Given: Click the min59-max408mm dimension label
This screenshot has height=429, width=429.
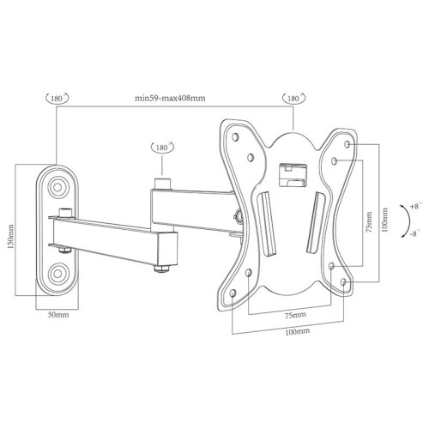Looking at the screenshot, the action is pos(170,98).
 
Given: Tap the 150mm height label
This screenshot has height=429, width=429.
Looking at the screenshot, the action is pos(11,236).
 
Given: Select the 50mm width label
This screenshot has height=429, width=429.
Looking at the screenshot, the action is pos(58,315).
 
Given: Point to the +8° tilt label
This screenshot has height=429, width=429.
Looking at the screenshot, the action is pos(415,206).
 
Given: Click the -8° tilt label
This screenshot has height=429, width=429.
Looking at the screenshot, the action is pos(415,233).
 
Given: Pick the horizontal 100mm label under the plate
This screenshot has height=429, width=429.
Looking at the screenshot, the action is pos(298,332).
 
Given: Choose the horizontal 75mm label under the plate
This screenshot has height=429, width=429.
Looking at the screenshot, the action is pos(295,315).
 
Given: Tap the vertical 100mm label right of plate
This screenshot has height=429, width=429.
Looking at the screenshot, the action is pos(385,220).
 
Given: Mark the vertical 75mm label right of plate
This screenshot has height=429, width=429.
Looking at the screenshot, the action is pos(369,221).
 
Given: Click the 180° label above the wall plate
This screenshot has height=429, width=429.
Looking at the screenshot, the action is pos(57,98).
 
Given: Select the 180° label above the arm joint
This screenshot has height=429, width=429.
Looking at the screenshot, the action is pos(162,148).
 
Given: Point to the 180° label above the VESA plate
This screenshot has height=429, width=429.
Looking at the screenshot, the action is pos(293,98).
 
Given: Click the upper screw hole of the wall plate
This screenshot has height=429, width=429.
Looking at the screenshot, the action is pos(57,187).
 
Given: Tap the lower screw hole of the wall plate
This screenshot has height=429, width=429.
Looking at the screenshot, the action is pos(57,273).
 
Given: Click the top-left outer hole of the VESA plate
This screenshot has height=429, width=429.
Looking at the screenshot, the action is pos(235,137).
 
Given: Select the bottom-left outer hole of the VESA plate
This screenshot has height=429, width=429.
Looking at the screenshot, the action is pos(233,293).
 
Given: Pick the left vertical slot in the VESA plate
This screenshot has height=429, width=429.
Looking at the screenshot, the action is pos(267,224).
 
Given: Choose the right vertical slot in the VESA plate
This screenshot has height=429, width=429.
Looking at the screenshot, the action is pos(315,222).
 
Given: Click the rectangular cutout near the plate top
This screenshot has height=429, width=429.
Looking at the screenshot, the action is pos(293,175).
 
